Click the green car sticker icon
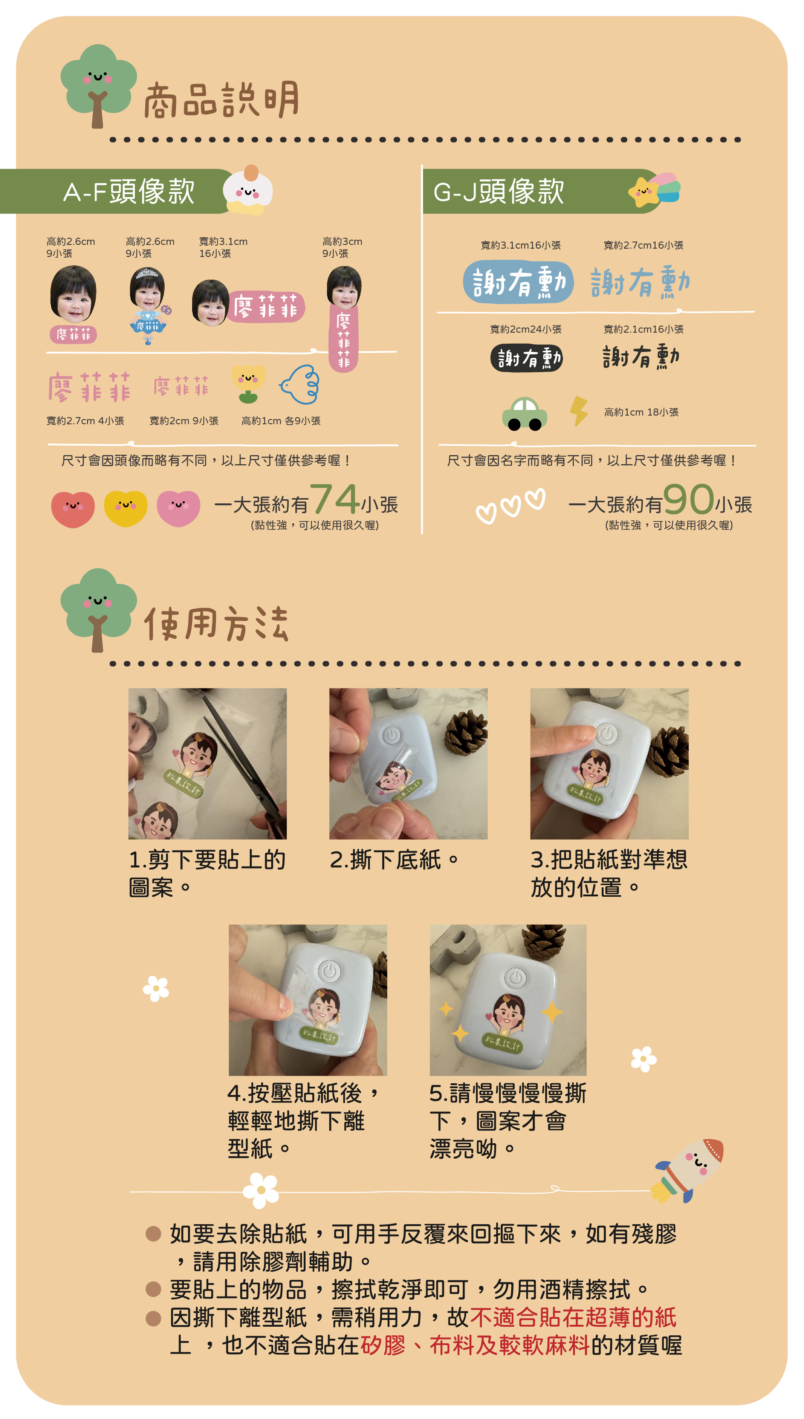click(x=524, y=414)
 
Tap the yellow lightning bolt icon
click(x=578, y=411)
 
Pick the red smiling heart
click(x=73, y=509)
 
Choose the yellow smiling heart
click(x=125, y=508)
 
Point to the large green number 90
click(x=689, y=499)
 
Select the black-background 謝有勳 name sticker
click(x=526, y=358)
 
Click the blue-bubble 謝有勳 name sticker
click(x=518, y=282)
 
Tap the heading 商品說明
click(x=221, y=100)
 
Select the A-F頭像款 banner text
click(x=128, y=191)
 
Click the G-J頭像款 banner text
click(x=498, y=191)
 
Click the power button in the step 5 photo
click(x=515, y=977)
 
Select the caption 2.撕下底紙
click(x=394, y=860)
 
